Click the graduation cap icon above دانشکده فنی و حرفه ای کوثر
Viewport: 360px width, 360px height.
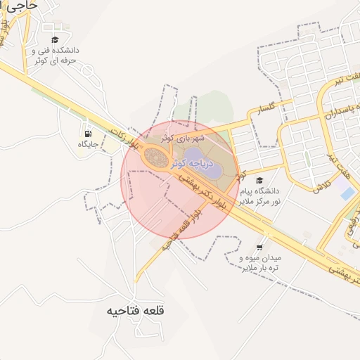pos(55,39)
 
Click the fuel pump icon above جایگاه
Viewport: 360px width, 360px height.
pos(87,134)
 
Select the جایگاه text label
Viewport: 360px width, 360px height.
pos(87,144)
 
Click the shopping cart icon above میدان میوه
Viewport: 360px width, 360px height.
pos(260,247)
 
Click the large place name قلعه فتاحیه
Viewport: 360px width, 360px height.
pos(135,310)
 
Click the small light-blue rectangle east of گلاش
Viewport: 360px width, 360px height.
pos(347,193)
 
